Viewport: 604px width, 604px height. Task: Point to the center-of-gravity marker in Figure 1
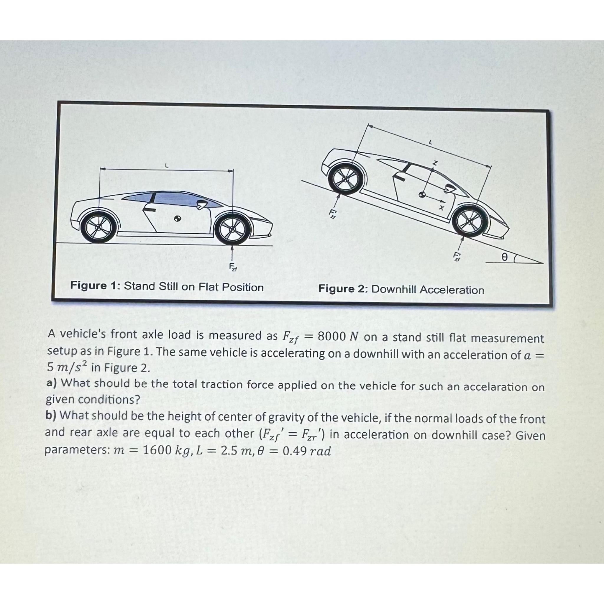(177, 219)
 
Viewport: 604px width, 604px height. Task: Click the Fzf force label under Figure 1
(233, 267)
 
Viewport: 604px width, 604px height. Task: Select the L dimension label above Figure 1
(167, 166)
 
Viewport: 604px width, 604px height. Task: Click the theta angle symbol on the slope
(504, 257)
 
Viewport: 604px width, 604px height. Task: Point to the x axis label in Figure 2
(442, 207)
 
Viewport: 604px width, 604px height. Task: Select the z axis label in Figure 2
(434, 163)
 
